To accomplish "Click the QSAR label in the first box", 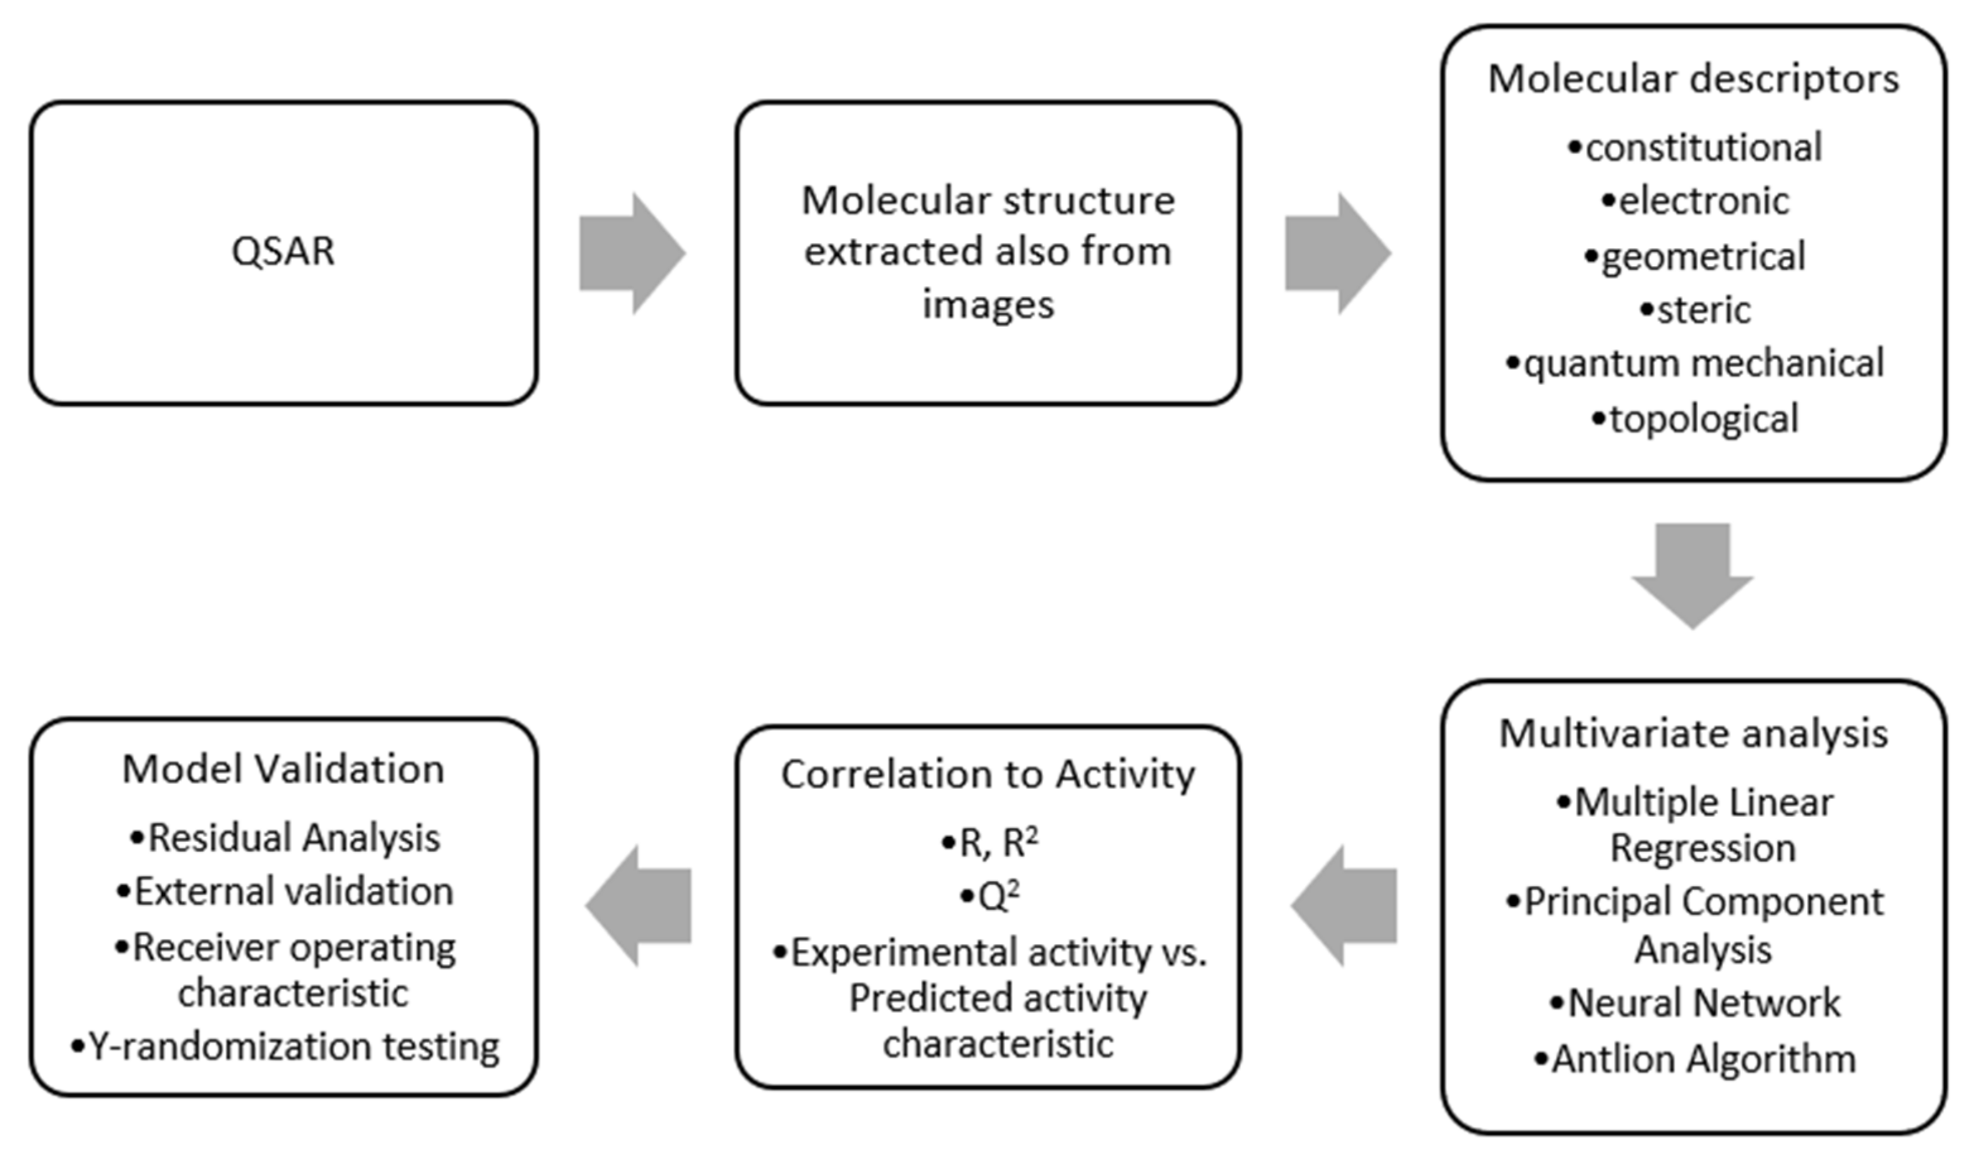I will tap(283, 251).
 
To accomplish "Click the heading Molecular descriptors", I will tap(1693, 79).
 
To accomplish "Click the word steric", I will tap(1703, 310).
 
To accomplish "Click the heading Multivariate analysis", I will tap(1693, 734).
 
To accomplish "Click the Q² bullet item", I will tap(990, 896).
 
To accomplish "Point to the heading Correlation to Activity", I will tap(988, 775).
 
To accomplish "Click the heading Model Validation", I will tap(283, 770).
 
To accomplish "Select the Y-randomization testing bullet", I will tap(285, 1047).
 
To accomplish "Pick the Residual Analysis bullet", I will tap(285, 838).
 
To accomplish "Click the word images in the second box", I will tap(988, 304).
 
